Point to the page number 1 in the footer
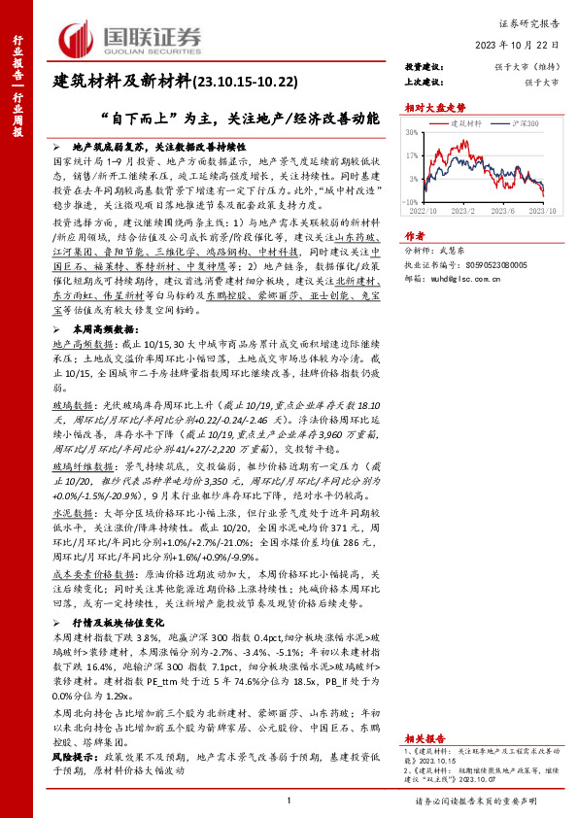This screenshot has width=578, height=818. point(289,801)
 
